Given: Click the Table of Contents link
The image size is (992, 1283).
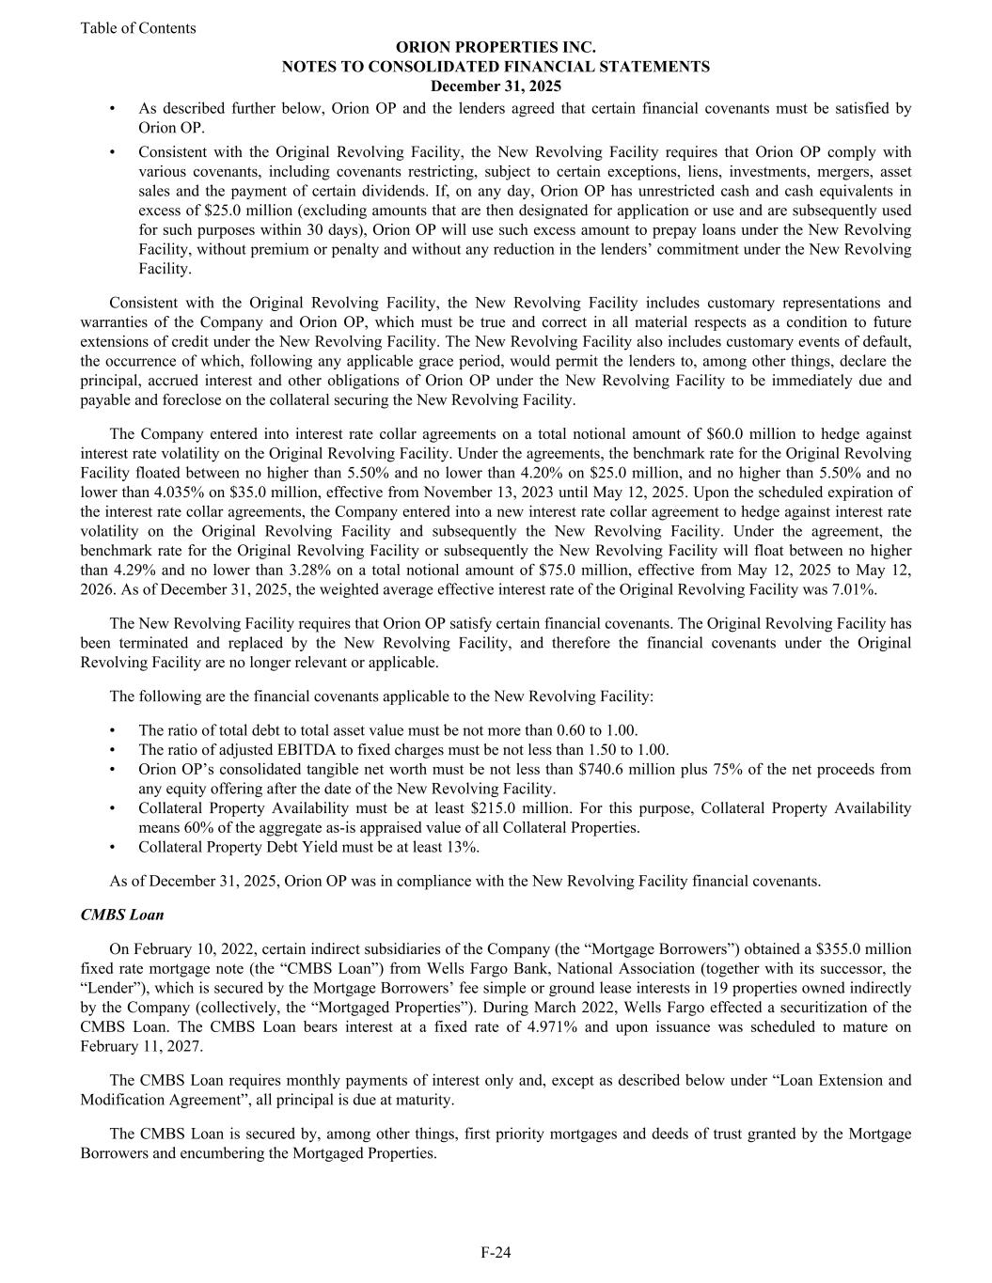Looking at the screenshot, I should click(138, 28).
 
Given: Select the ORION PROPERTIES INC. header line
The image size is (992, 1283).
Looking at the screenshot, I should click(496, 47).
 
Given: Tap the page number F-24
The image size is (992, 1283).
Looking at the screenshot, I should click(496, 1252).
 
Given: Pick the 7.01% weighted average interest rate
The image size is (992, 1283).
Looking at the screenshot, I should click(857, 590).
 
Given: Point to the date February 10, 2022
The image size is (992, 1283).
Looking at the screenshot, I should click(188, 949).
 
